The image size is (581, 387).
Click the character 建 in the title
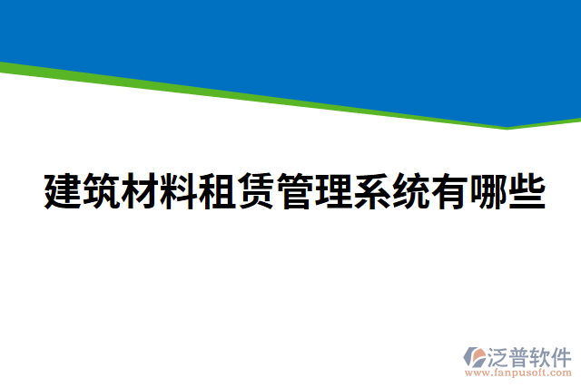coord(64,190)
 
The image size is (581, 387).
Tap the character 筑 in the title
coord(103,190)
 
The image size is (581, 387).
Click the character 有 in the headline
coord(448,190)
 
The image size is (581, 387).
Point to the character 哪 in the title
coord(487,190)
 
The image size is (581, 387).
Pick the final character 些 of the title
coord(526,190)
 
